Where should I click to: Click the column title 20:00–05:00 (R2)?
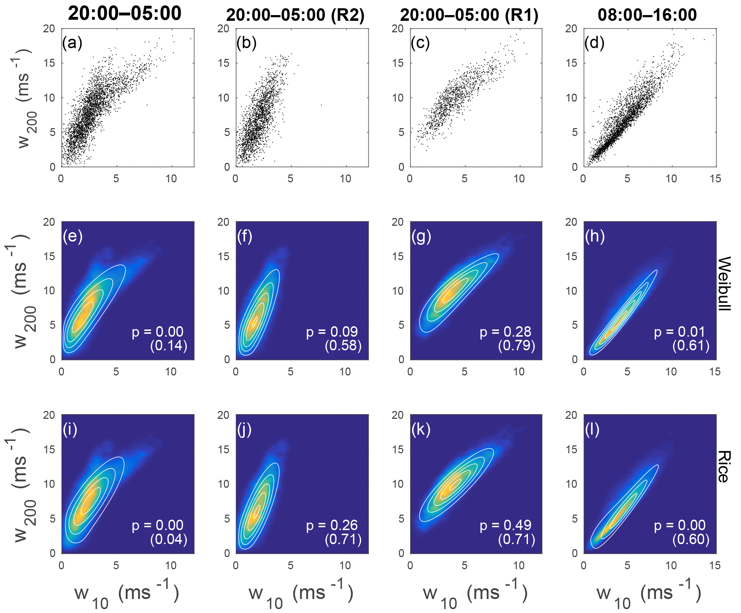[x=295, y=15]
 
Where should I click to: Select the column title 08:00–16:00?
[x=647, y=15]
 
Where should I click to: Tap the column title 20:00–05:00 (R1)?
[x=469, y=15]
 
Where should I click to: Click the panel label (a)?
[x=72, y=43]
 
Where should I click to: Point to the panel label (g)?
[x=421, y=237]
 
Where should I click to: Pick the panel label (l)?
[x=592, y=430]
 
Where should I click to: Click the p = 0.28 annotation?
[x=505, y=332]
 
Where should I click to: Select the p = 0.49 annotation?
[x=505, y=525]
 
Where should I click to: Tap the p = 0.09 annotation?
[x=332, y=332]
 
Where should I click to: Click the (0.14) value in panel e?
[x=169, y=346]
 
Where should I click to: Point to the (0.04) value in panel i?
[x=169, y=539]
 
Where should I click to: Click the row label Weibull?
[x=725, y=283]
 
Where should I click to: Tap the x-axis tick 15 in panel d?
[x=715, y=179]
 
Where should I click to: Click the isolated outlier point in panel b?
[x=321, y=105]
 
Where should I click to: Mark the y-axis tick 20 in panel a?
[x=49, y=29]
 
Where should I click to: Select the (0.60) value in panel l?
[x=691, y=539]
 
